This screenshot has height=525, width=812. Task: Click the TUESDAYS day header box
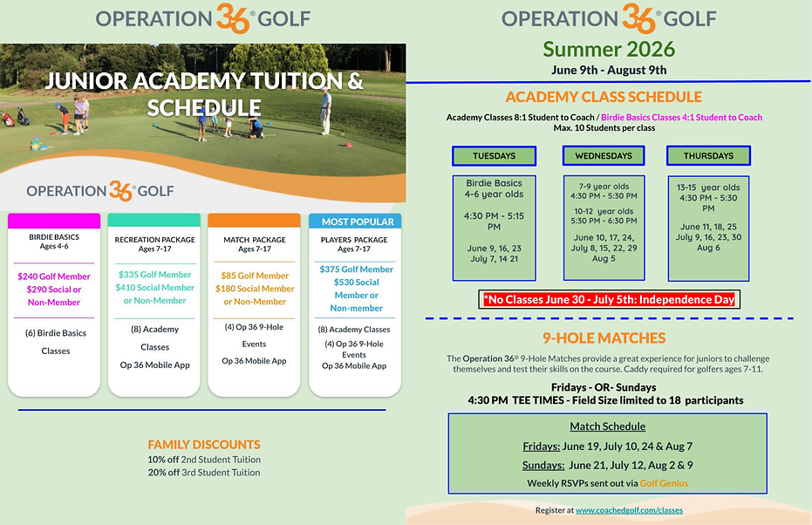[x=494, y=156]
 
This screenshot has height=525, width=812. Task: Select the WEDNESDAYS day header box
[x=604, y=156]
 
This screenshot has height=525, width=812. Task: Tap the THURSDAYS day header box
[x=708, y=156]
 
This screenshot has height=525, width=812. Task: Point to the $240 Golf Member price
[x=54, y=276]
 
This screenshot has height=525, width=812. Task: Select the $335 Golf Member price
[x=154, y=275]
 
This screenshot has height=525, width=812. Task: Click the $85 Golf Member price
[x=255, y=276]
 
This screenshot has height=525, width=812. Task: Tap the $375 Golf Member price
[x=356, y=269]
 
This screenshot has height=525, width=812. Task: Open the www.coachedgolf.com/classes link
[x=629, y=510]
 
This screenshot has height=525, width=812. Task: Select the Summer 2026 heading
[x=608, y=48]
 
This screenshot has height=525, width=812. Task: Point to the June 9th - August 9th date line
[x=608, y=70]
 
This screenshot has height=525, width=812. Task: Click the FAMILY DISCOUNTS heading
[x=204, y=445]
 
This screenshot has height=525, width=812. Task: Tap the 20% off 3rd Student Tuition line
[x=204, y=473]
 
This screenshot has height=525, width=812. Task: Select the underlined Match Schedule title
[x=608, y=426]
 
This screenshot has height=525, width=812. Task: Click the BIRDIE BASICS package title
[x=54, y=236]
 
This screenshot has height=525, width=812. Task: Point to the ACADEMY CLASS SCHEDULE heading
[x=604, y=97]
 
